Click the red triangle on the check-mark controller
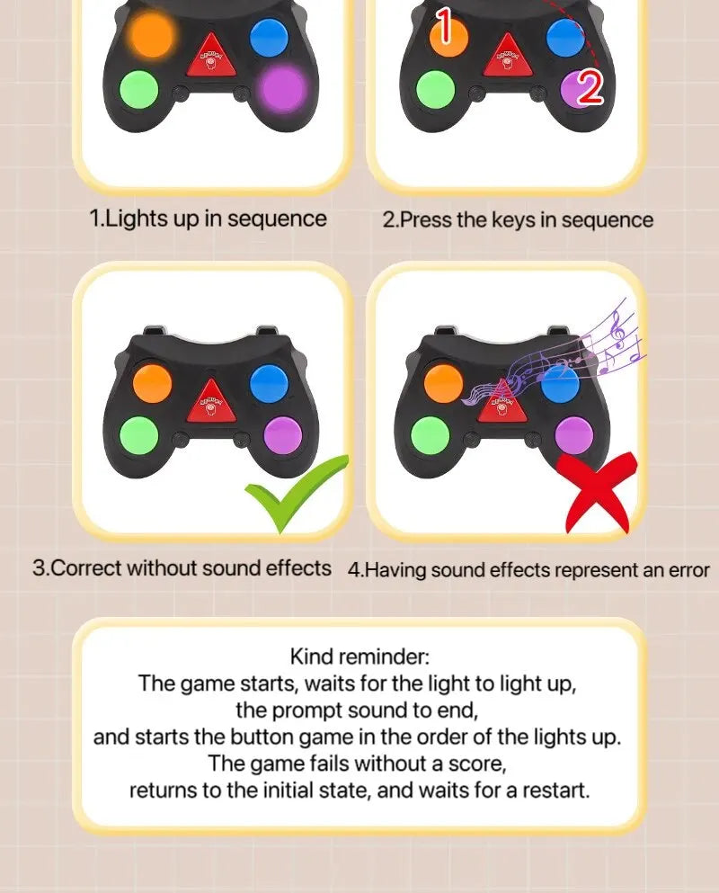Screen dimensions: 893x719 210,400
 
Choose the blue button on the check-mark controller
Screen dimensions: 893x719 269,382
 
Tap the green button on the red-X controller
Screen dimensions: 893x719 430,435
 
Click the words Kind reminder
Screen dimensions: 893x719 359,656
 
